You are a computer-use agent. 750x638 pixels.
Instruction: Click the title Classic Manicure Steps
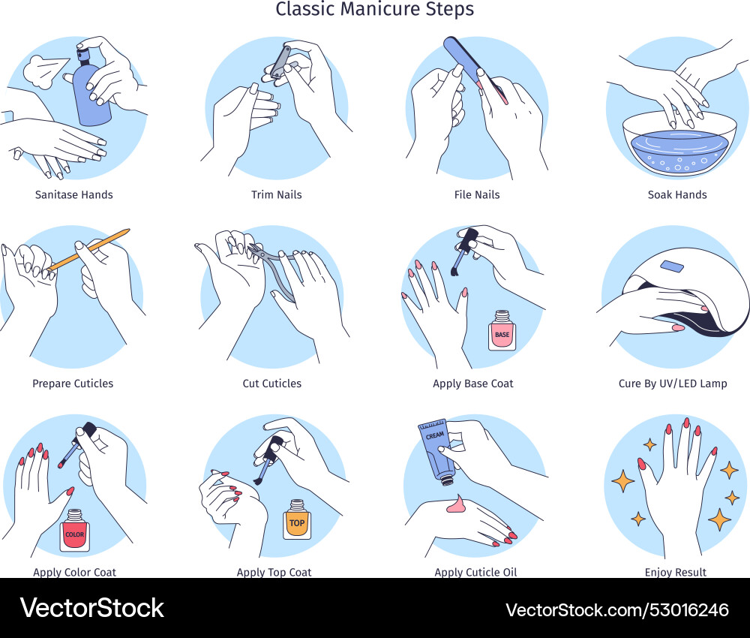tap(374, 10)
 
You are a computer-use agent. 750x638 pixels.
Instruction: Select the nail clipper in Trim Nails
tap(277, 64)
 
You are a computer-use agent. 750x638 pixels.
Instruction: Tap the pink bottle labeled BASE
tap(502, 331)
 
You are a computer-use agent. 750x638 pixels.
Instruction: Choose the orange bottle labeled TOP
tap(297, 519)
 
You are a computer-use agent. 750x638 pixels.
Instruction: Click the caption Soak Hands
tap(677, 194)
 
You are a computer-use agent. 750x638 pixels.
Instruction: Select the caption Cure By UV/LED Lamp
tap(673, 384)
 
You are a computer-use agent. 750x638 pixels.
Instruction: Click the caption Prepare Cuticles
tap(73, 384)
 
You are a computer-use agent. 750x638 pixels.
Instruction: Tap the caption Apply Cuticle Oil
tap(475, 572)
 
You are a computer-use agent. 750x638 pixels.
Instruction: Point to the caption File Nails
tap(477, 194)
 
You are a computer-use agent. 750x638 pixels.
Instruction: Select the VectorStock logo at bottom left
tap(91, 608)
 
